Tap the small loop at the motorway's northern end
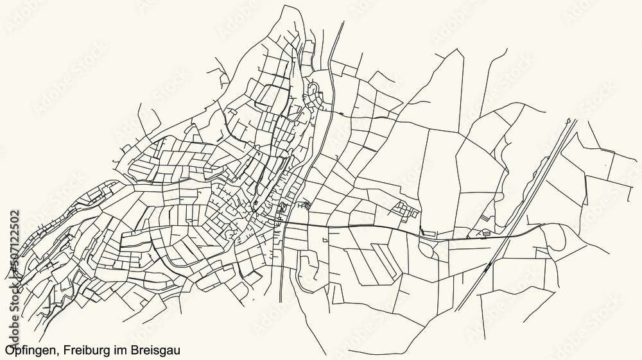[x=569, y=121]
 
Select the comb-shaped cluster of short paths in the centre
[x=303, y=205]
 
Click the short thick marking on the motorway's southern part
[x=490, y=264]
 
